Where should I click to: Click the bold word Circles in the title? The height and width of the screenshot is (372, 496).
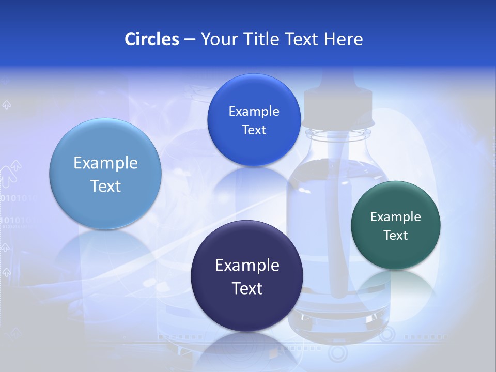151,39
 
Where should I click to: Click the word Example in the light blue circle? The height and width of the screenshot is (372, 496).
105,163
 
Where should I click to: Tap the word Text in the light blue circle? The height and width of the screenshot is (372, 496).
105,186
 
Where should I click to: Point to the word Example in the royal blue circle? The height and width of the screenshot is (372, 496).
254,111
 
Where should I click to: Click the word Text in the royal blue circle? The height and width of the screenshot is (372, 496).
254,130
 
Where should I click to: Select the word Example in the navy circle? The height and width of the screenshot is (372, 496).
247,265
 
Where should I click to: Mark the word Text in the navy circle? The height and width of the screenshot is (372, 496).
247,288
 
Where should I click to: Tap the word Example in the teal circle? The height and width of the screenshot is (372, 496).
396,216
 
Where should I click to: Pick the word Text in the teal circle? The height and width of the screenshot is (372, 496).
396,235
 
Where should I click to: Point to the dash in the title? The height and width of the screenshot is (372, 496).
189,40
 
